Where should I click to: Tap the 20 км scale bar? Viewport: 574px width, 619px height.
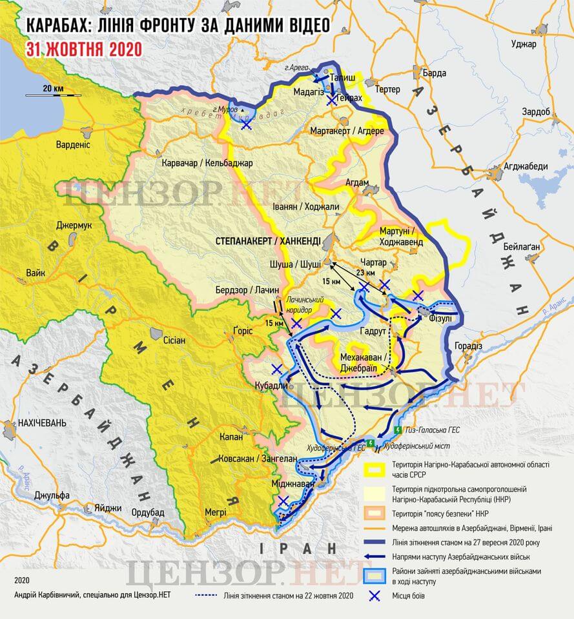point(54,95)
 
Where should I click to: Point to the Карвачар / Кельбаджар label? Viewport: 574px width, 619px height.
point(207,162)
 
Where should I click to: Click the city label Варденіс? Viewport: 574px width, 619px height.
point(73,144)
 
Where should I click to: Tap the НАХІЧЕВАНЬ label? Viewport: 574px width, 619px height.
point(41,423)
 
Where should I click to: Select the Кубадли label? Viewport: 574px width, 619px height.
point(269,386)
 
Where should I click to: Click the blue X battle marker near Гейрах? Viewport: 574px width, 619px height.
point(331,100)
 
